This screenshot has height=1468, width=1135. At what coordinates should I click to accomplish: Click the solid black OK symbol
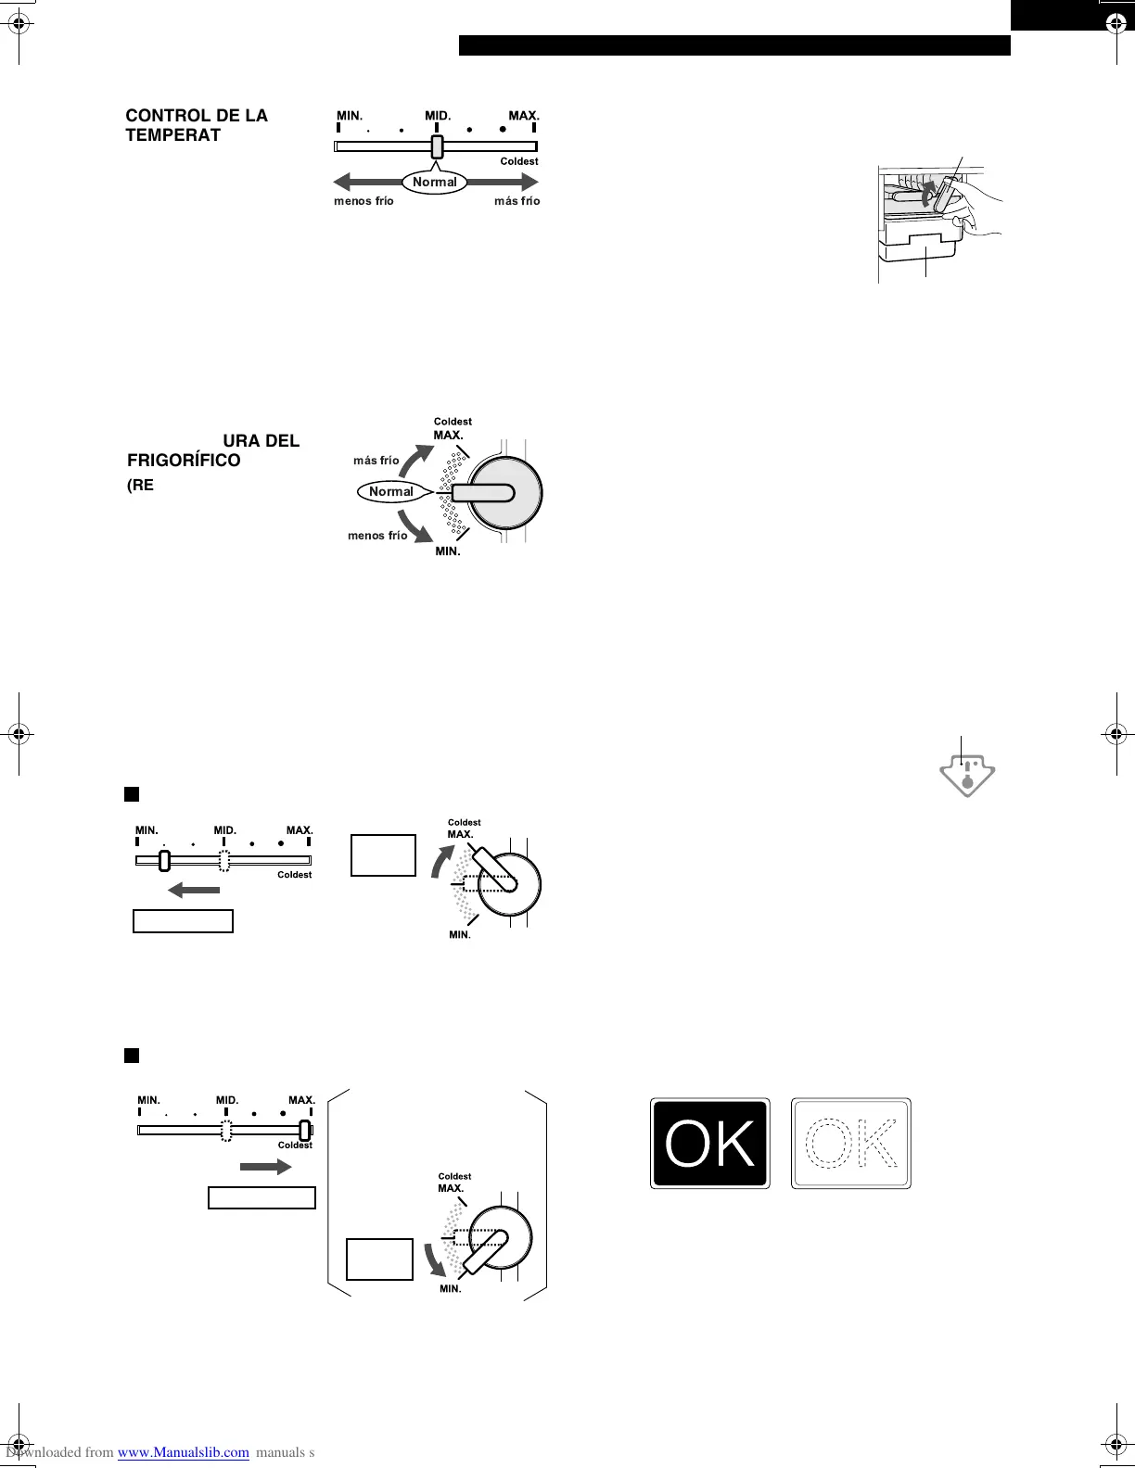click(709, 1143)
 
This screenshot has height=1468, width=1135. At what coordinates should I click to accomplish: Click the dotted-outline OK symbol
click(851, 1143)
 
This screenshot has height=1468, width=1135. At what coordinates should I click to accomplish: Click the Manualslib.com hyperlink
click(184, 1452)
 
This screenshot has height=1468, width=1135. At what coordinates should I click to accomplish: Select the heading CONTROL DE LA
click(197, 115)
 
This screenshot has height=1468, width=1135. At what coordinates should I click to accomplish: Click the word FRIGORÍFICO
click(184, 461)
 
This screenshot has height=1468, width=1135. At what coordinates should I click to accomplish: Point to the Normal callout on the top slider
click(435, 182)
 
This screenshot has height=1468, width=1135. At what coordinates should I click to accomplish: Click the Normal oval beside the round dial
click(390, 491)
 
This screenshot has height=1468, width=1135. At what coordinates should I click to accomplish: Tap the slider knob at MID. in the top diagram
click(438, 146)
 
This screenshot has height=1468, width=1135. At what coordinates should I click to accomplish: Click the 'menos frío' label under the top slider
click(363, 201)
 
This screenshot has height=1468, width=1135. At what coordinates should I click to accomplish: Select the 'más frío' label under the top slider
click(516, 201)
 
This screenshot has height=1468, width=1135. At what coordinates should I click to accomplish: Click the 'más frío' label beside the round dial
click(376, 460)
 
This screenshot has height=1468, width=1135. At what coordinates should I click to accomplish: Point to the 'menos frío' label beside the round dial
click(377, 536)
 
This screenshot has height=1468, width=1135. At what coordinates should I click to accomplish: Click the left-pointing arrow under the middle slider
click(194, 891)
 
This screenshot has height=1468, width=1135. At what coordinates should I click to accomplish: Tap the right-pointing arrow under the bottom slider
click(266, 1167)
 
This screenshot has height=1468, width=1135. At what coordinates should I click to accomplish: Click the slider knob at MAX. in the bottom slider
click(304, 1130)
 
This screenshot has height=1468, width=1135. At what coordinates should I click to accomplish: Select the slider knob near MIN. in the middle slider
click(164, 861)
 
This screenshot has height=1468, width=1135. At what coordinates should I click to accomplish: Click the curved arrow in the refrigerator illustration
click(928, 193)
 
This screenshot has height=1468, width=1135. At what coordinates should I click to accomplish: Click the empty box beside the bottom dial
click(379, 1259)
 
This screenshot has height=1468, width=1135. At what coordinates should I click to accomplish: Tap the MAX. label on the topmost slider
click(523, 116)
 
